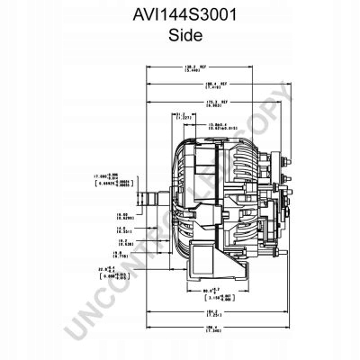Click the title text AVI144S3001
179,16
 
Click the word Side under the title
179,37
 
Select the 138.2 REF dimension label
191,68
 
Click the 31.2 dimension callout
179,115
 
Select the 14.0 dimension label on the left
125,230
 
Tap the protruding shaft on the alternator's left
148,195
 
